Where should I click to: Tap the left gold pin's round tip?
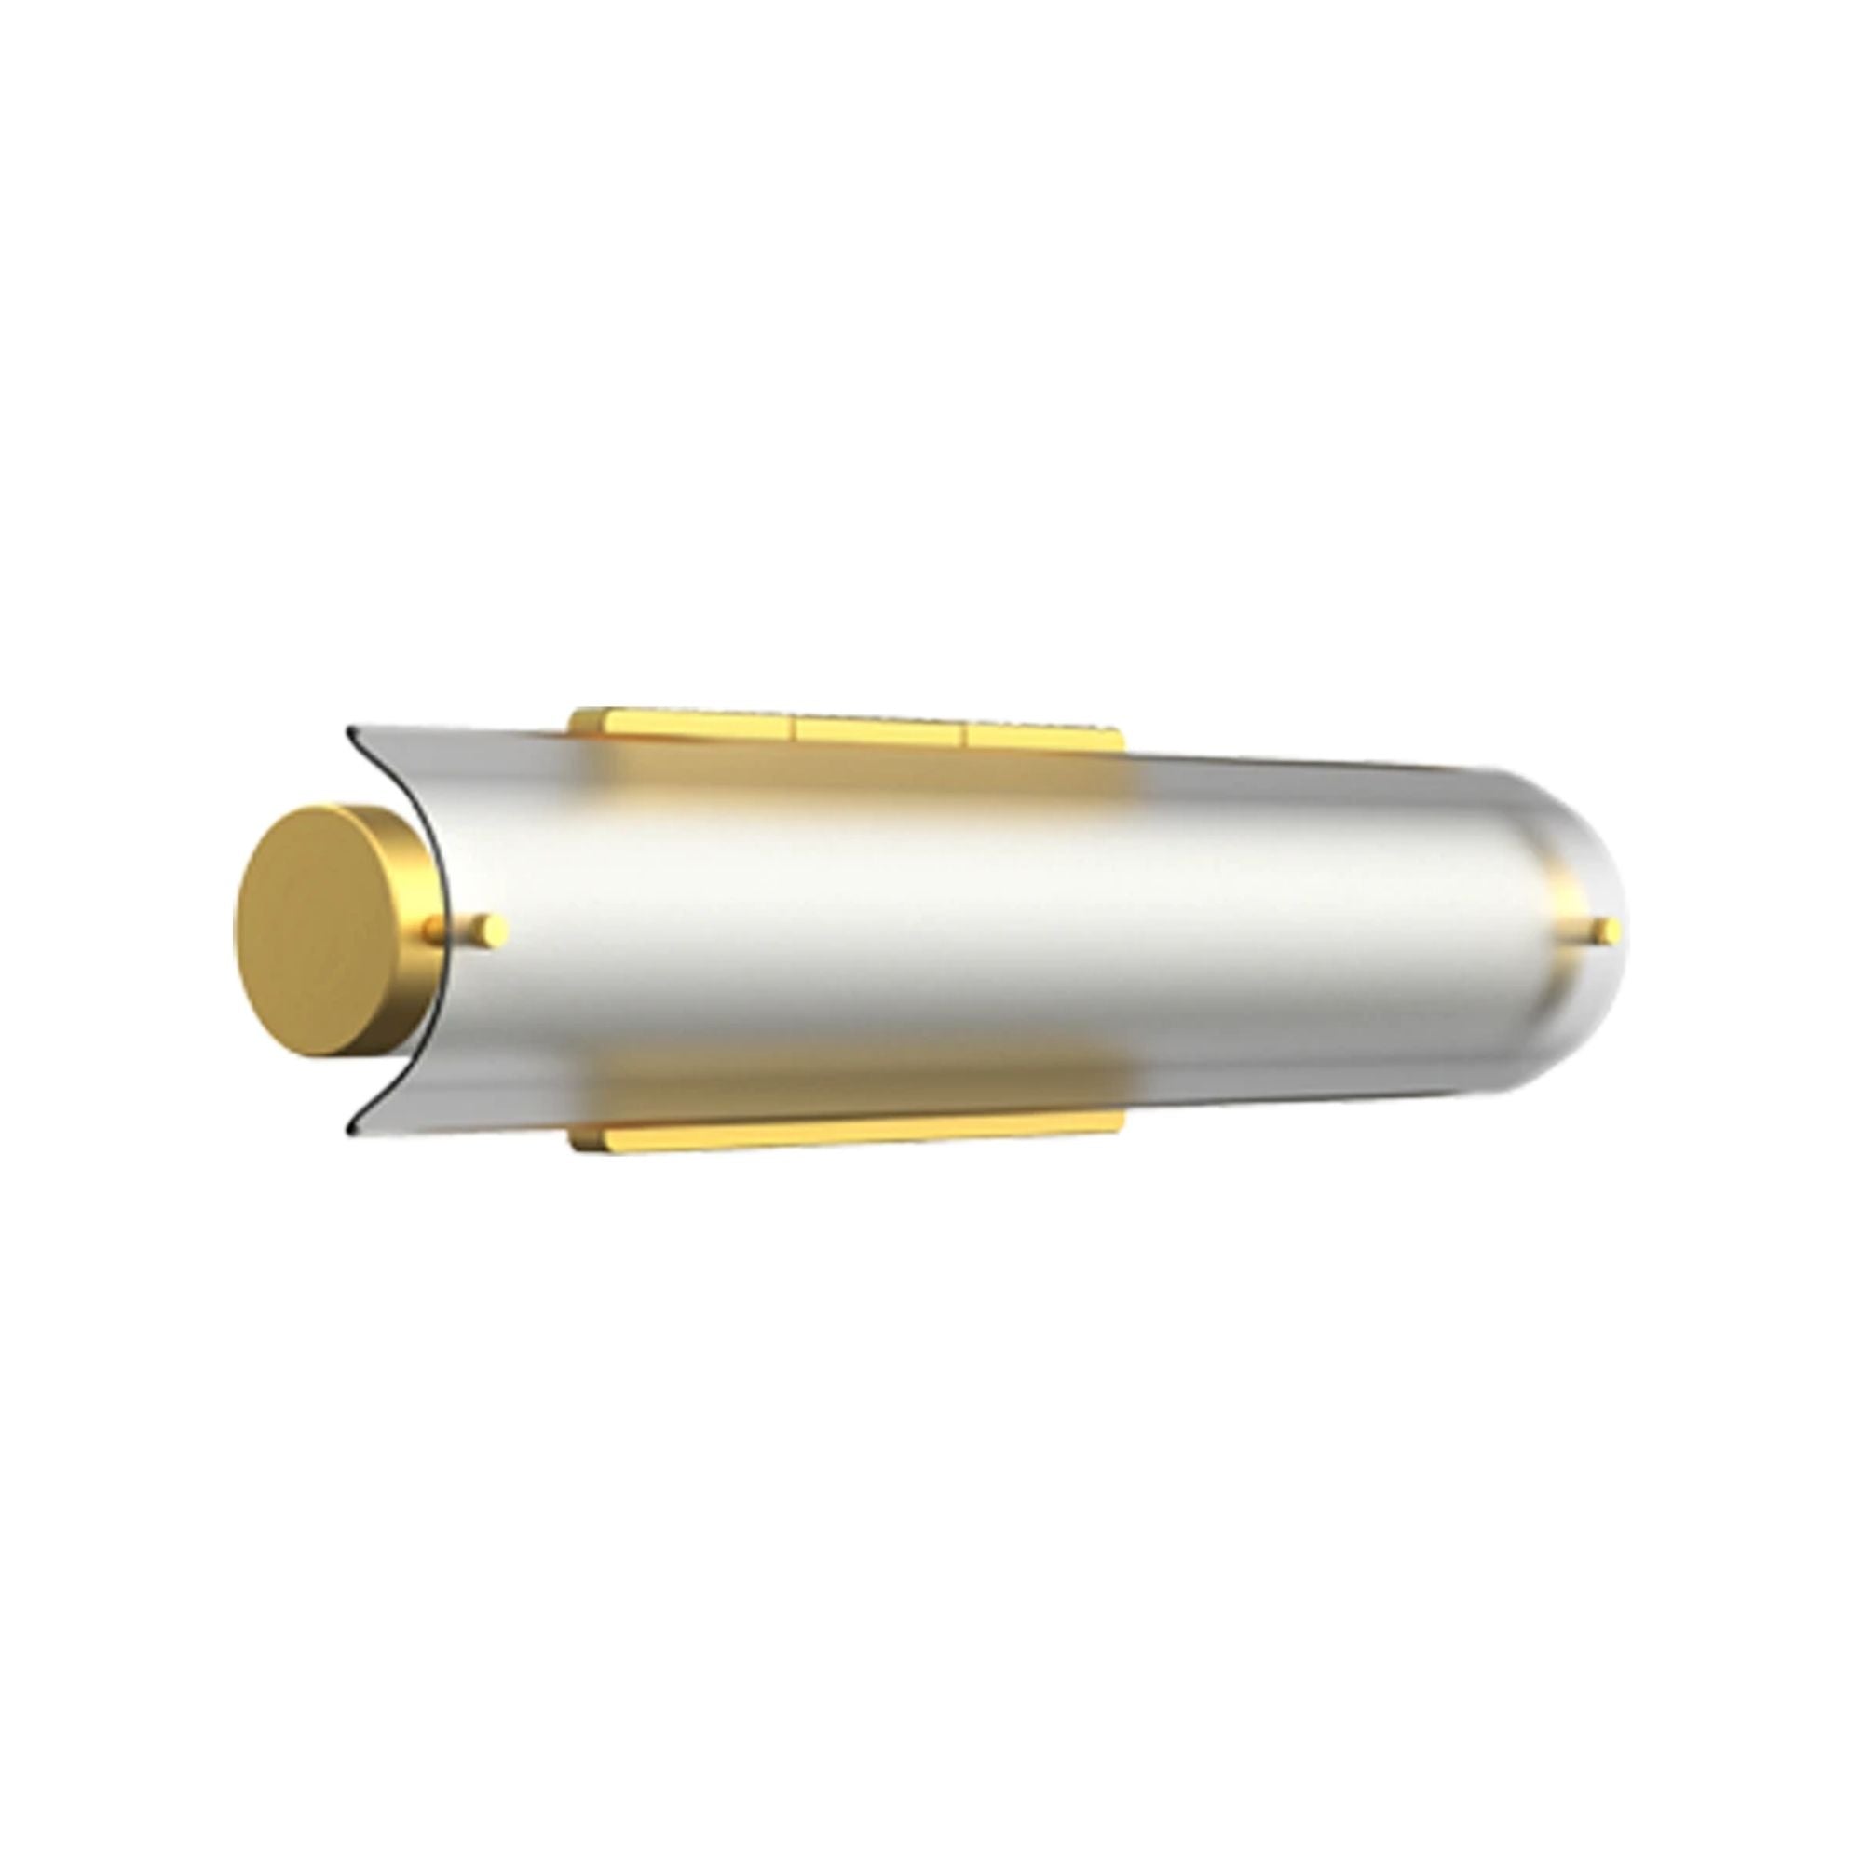tap(495, 929)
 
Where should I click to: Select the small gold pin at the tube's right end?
tap(1606, 931)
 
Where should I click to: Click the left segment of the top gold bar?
tap(685, 724)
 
